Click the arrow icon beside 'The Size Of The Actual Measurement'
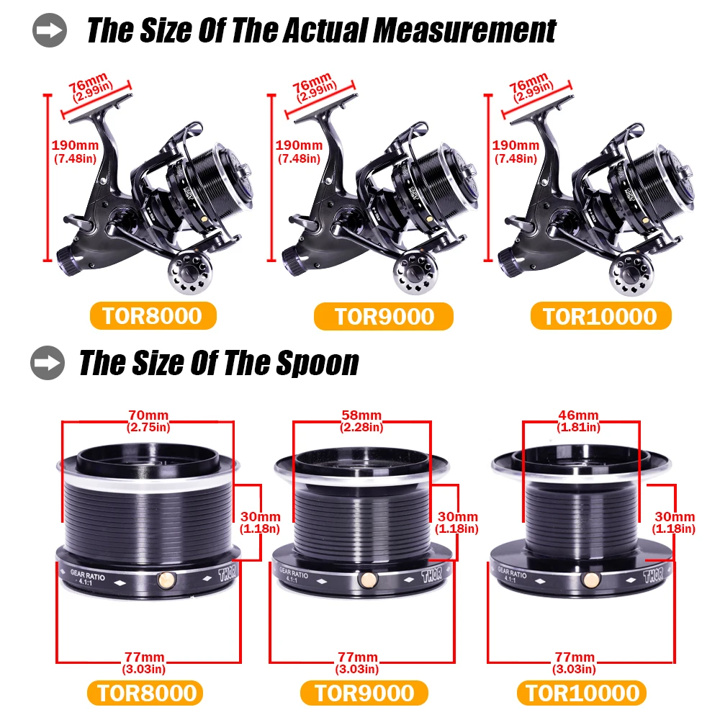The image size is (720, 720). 49,32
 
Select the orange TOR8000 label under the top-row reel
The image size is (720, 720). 153,316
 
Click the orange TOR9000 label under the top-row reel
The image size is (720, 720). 384,316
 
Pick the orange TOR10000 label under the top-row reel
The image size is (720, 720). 601,316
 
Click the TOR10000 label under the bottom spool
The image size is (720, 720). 582,693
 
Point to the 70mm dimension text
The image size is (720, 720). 146,415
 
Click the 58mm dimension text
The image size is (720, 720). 361,415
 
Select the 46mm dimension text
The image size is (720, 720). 578,415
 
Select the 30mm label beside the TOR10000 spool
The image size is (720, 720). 675,517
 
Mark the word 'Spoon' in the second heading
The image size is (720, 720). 318,364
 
